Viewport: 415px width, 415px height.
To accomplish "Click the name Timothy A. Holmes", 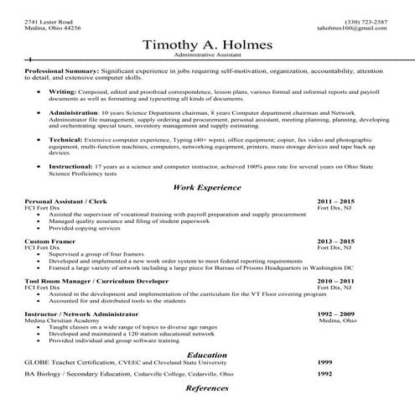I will [207, 44].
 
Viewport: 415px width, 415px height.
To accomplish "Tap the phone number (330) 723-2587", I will [366, 21].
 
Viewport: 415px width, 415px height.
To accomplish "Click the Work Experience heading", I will [207, 187].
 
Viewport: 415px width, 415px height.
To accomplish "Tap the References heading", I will [207, 389].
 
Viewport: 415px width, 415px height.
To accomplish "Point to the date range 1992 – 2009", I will [337, 312].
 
